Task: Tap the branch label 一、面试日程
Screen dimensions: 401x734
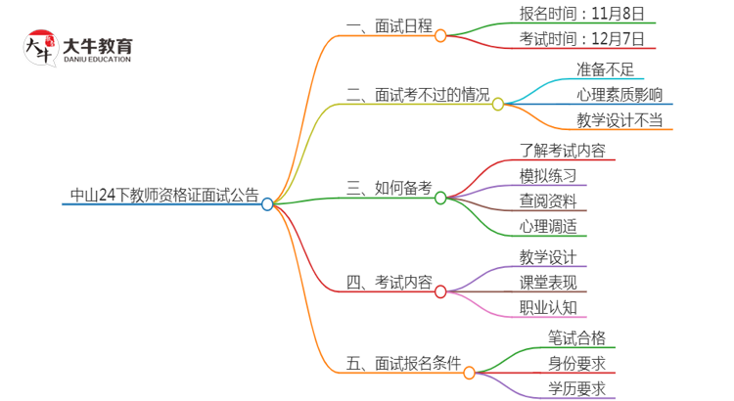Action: coord(389,27)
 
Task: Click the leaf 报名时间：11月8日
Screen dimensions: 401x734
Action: coord(581,15)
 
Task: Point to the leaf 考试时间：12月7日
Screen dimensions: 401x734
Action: coord(581,40)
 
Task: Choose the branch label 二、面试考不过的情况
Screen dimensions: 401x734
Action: coord(418,95)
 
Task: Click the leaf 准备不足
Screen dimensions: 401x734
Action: coord(607,69)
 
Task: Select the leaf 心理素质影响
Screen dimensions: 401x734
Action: coord(619,95)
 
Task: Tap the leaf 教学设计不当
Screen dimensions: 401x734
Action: coord(619,120)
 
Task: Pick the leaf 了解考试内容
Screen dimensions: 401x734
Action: coord(562,151)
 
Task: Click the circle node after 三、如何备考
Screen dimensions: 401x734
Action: coord(440,198)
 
